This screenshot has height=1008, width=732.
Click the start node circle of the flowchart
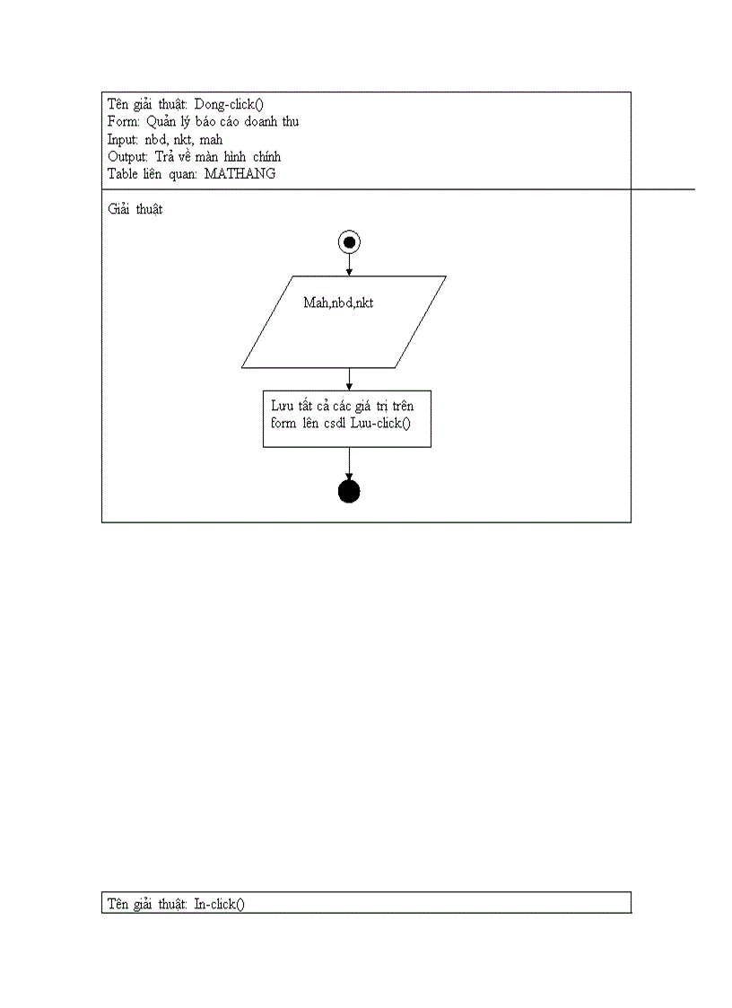pos(349,242)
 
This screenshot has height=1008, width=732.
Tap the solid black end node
pos(349,492)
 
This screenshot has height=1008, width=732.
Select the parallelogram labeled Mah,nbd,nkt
pos(344,322)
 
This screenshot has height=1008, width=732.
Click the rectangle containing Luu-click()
pos(347,418)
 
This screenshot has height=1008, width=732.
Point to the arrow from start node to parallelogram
pos(349,264)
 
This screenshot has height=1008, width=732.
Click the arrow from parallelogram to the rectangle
pos(349,380)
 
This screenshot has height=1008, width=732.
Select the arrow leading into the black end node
pos(349,464)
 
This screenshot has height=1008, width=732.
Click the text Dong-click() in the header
pos(229,104)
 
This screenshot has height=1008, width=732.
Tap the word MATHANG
pos(240,173)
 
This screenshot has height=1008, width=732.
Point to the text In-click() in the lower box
pos(219,904)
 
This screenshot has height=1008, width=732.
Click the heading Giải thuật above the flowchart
pos(135,209)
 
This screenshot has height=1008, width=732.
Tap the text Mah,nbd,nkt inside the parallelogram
pos(339,302)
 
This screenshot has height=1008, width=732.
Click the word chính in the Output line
pos(266,157)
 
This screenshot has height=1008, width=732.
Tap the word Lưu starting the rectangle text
pos(283,406)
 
